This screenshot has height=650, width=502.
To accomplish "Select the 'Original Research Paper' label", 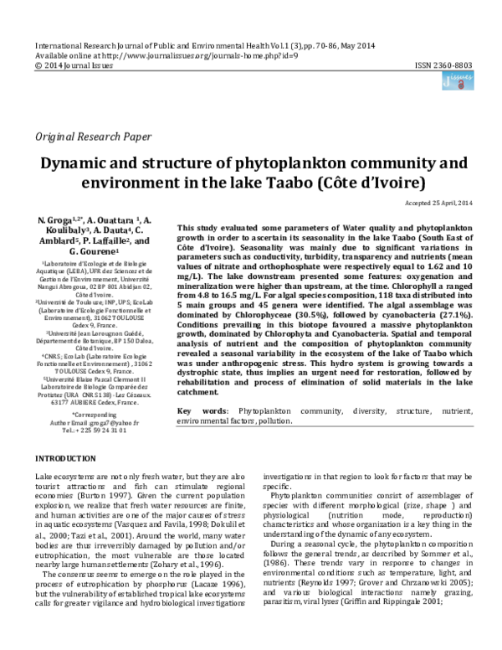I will click(x=92, y=136).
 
